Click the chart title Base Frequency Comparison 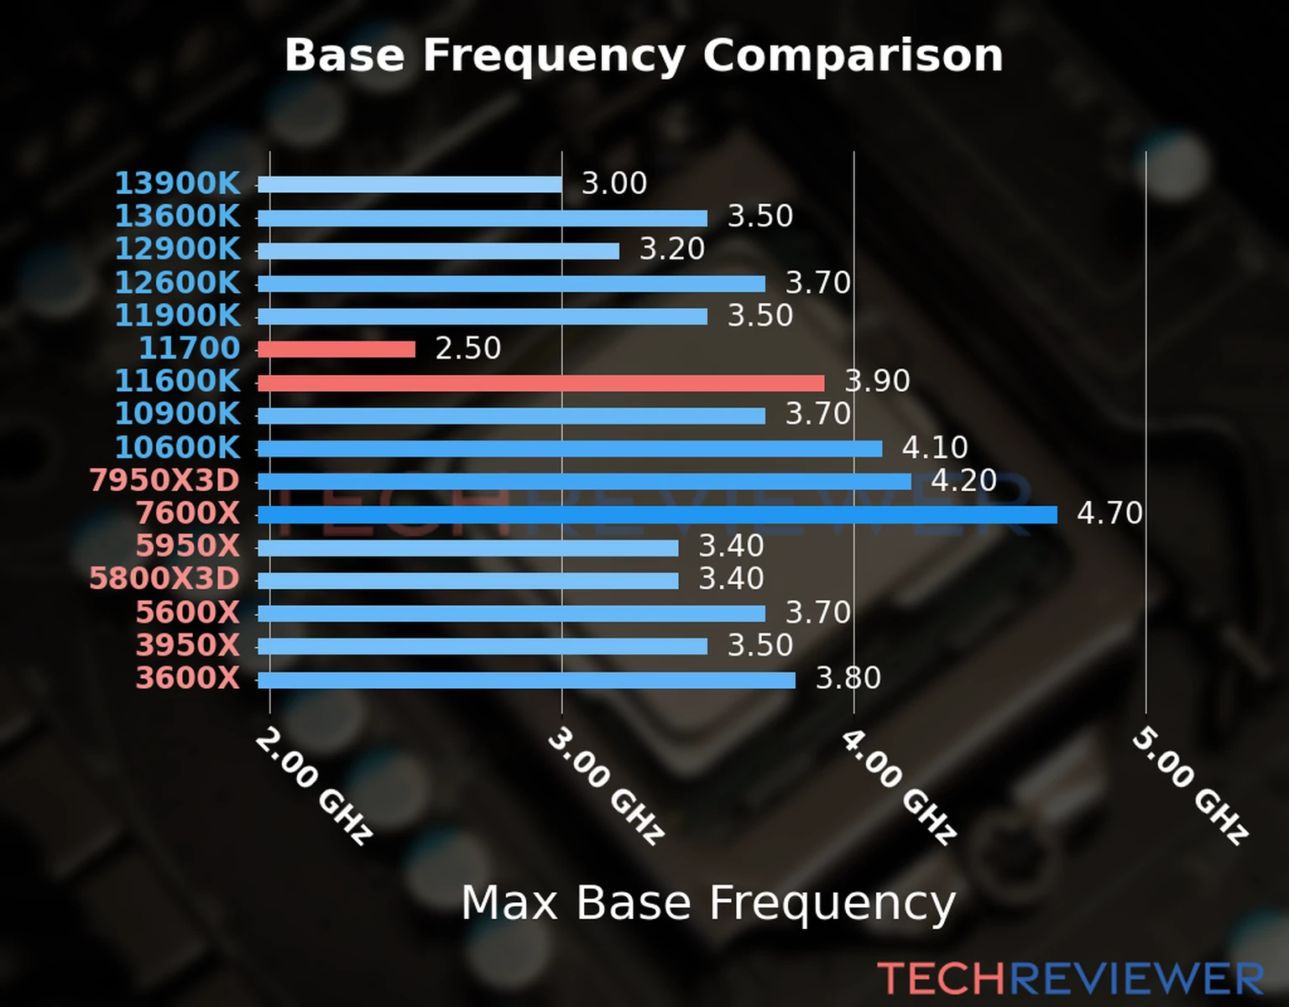pyautogui.click(x=644, y=56)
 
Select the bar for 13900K pyautogui.click(x=410, y=185)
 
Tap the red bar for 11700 pyautogui.click(x=336, y=349)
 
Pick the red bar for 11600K pyautogui.click(x=540, y=383)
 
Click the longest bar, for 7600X pyautogui.click(x=657, y=514)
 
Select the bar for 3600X pyautogui.click(x=526, y=680)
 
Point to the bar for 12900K pyautogui.click(x=438, y=251)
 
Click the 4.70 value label pyautogui.click(x=1109, y=513)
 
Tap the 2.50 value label pyautogui.click(x=467, y=348)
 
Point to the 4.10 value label pyautogui.click(x=935, y=447)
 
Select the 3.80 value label pyautogui.click(x=848, y=678)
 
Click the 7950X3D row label pyautogui.click(x=164, y=481)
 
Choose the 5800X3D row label pyautogui.click(x=164, y=579)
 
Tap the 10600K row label pyautogui.click(x=177, y=447)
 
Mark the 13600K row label pyautogui.click(x=177, y=217)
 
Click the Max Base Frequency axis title pyautogui.click(x=708, y=904)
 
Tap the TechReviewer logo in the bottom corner pyautogui.click(x=1070, y=978)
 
